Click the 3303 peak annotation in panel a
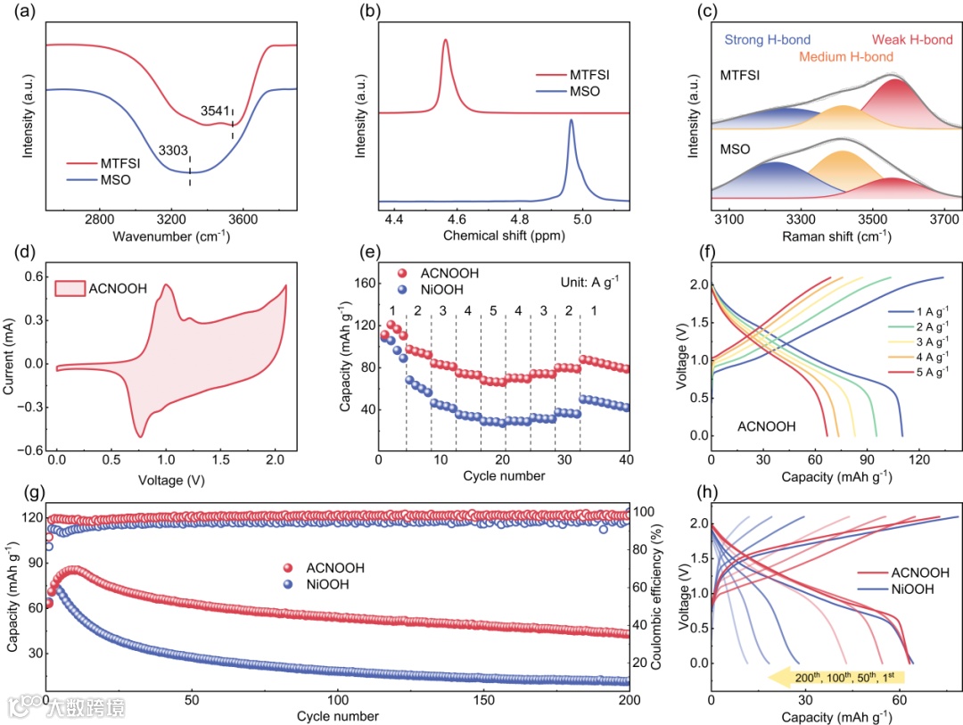pos(174,152)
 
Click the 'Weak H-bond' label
pos(913,40)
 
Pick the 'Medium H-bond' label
pos(846,57)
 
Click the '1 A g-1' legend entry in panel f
pos(922,312)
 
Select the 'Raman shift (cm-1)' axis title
pos(835,236)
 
